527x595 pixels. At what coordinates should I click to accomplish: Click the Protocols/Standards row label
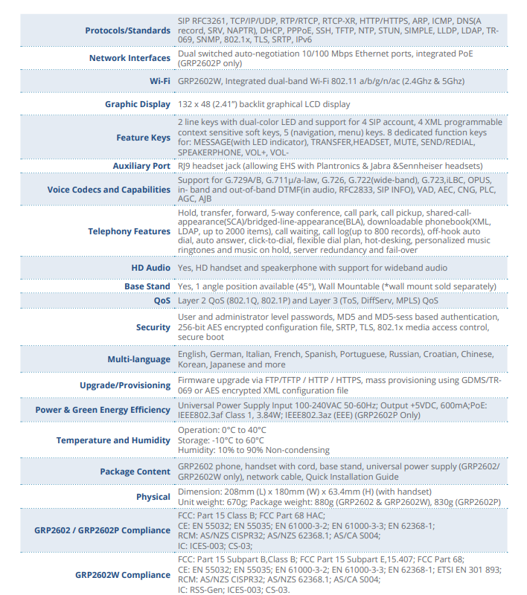pos(127,30)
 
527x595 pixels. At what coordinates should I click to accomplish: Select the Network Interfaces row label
pos(130,58)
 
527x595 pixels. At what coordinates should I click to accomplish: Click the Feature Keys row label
pos(143,138)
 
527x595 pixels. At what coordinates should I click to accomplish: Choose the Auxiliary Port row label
pos(141,166)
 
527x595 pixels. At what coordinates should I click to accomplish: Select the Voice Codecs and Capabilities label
pos(109,189)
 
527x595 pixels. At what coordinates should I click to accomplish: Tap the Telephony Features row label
pos(129,231)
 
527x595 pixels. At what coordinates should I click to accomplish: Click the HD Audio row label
pos(150,268)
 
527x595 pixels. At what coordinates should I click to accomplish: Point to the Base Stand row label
pos(147,286)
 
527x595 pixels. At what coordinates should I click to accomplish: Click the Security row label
pos(153,327)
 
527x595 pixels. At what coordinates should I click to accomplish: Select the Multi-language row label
pos(138,359)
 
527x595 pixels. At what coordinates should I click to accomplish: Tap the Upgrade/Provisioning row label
pos(125,385)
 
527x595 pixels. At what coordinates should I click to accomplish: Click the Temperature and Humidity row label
pos(113,440)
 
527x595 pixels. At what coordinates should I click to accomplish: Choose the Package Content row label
pos(135,472)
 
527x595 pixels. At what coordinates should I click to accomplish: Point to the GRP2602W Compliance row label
pos(122,575)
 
